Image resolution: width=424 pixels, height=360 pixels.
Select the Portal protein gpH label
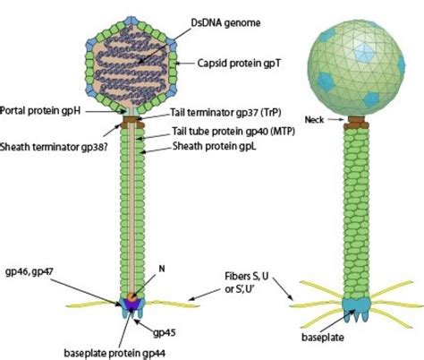pos(41,111)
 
